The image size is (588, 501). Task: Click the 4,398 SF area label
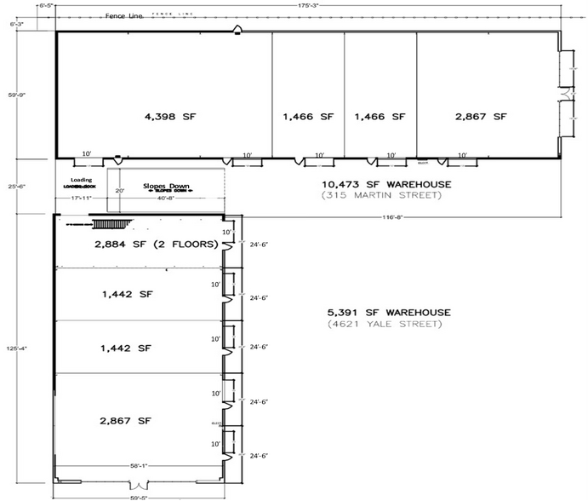[162, 117]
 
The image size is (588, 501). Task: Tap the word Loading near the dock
[82, 180]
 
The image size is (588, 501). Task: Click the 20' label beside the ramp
[120, 191]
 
